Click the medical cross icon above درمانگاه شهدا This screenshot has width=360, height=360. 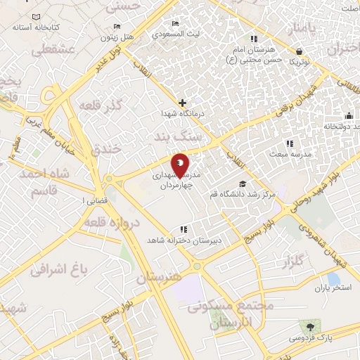pos(182,103)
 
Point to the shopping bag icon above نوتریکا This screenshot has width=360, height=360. pos(300,51)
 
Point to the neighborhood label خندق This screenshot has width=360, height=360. pos(107,149)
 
